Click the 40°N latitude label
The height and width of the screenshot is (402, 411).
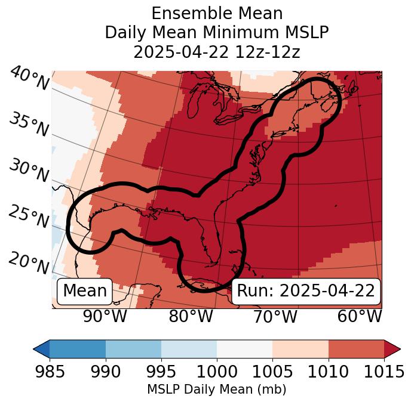click(29, 79)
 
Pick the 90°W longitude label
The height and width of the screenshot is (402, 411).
click(105, 316)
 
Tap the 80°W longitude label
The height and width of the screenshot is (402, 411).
click(191, 316)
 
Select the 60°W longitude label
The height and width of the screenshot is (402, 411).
click(359, 316)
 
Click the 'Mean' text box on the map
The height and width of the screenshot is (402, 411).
click(85, 291)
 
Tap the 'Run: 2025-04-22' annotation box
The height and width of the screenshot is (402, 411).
click(306, 291)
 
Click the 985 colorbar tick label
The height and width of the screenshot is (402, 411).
click(50, 372)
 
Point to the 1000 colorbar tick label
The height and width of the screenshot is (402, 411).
click(217, 372)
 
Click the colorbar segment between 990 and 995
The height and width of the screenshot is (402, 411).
click(133, 349)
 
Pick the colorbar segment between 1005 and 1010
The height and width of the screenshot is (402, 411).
click(300, 349)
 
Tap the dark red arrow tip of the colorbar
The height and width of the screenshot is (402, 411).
click(392, 349)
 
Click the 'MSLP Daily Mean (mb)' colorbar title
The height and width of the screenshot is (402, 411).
click(216, 390)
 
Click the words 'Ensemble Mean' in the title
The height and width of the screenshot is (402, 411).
click(217, 13)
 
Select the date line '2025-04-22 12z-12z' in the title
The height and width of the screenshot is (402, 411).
click(217, 52)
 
